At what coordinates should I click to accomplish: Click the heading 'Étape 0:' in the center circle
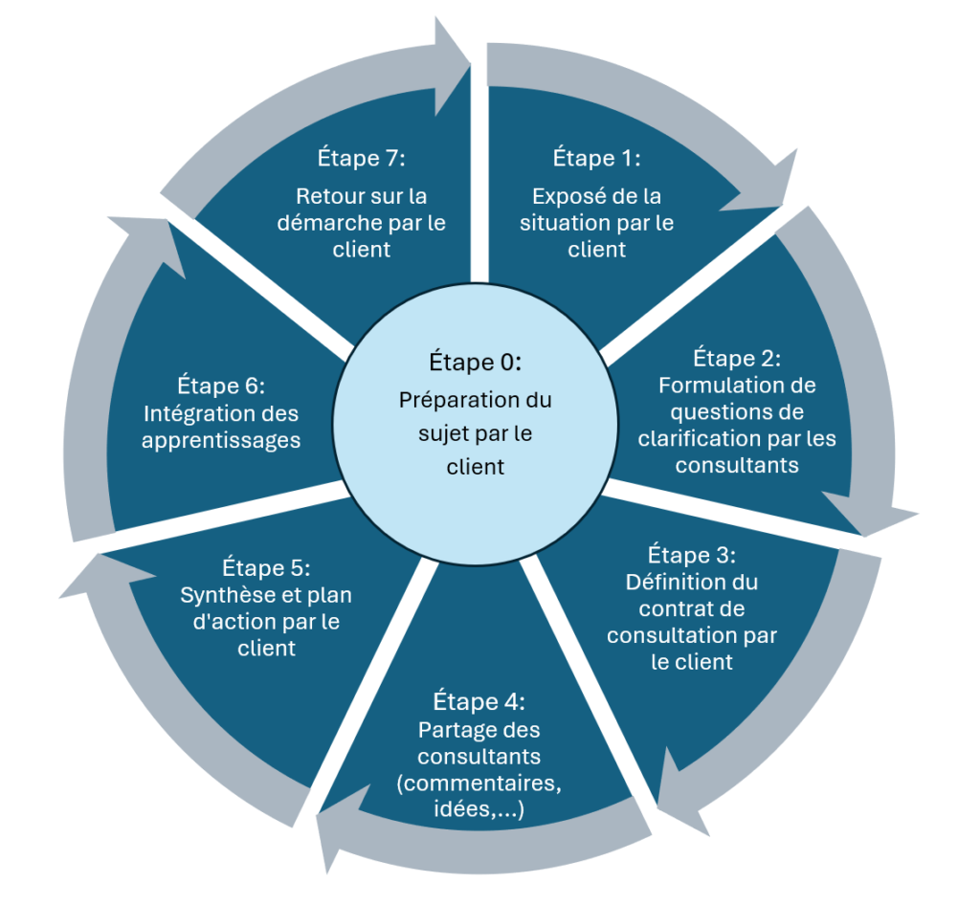tap(475, 362)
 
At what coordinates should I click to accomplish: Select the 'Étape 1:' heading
tap(596, 158)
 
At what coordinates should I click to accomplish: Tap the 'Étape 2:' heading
tap(737, 358)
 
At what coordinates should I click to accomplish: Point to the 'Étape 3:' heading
tap(691, 555)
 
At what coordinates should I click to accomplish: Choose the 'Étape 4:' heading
tap(479, 701)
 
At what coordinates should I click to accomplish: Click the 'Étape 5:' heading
tap(266, 567)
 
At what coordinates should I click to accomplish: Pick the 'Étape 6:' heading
tap(221, 386)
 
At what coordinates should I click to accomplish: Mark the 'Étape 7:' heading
tap(361, 158)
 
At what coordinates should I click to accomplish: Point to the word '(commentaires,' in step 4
tap(479, 784)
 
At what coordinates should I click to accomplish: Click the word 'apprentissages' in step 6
tap(221, 441)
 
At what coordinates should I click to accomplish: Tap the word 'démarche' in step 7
tap(330, 223)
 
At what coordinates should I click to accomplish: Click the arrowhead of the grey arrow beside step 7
tap(452, 66)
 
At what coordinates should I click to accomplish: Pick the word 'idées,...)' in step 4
tap(479, 808)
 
